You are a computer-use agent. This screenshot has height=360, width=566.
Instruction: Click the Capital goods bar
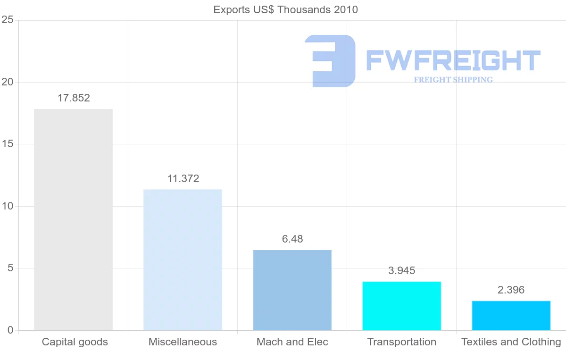[73, 219]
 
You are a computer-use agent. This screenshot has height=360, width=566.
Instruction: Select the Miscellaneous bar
[183, 260]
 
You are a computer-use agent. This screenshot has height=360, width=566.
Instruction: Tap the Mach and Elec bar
[292, 290]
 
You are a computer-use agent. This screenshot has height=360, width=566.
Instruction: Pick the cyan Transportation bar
[401, 306]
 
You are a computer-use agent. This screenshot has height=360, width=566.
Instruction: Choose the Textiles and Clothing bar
[511, 315]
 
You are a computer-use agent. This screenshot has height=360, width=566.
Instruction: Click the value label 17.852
[74, 98]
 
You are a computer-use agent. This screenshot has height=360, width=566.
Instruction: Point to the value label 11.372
[183, 179]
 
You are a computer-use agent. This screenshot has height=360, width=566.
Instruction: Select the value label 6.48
[292, 239]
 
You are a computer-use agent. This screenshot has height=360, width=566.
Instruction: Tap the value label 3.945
[402, 271]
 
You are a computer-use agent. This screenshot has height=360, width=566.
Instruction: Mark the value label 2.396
[511, 290]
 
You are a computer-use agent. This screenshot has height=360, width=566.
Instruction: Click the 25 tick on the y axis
[7, 20]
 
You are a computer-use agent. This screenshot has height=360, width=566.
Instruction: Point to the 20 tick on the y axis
[7, 82]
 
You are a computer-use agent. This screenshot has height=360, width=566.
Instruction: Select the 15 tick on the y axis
[7, 144]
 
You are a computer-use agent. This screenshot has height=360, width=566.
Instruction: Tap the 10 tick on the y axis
[7, 206]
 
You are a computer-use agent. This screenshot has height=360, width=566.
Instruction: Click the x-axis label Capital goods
[75, 342]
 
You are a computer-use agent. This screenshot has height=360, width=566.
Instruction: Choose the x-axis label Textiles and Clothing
[511, 342]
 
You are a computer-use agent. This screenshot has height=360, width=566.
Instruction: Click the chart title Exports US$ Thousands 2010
[286, 9]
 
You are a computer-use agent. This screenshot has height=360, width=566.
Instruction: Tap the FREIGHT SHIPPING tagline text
[453, 80]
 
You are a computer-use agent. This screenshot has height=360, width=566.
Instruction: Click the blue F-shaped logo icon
[330, 61]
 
